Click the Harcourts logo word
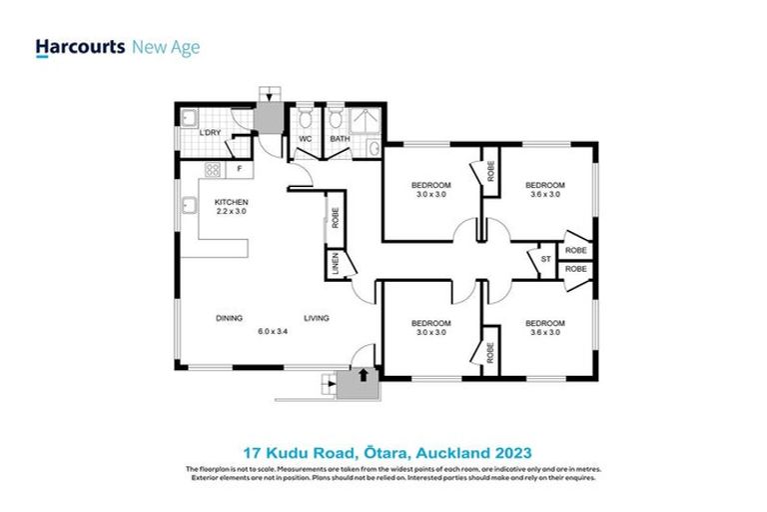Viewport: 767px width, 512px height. (80, 47)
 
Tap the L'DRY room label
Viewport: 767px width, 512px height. (210, 133)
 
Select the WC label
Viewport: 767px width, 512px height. (306, 139)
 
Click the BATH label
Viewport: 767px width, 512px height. (340, 139)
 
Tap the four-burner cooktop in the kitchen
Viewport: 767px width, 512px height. (211, 169)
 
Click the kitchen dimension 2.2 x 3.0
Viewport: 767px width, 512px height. (231, 212)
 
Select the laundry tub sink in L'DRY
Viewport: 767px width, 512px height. (188, 119)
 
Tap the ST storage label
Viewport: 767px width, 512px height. (545, 259)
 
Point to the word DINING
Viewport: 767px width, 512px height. (229, 319)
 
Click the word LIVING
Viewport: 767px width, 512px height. (317, 319)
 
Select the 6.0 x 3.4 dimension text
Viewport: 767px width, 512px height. (273, 331)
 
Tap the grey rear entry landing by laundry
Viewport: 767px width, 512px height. (268, 118)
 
